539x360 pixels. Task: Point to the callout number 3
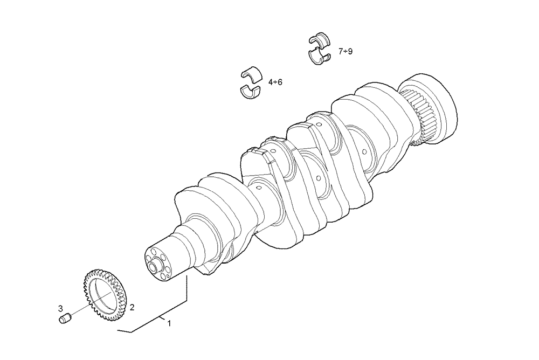60,308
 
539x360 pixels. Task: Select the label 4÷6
275,82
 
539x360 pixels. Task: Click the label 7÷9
345,51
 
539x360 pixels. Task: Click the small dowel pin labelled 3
65,318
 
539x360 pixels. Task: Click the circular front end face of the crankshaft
157,262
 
